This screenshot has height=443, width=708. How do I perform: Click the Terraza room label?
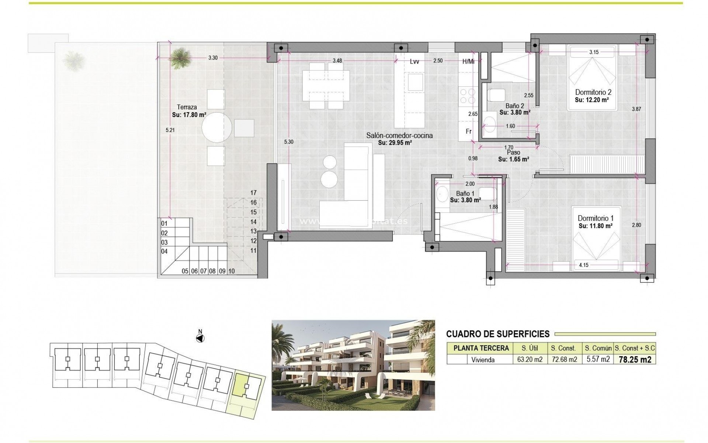pyautogui.click(x=187, y=107)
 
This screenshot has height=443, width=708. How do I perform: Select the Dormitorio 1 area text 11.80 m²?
pyautogui.click(x=596, y=226)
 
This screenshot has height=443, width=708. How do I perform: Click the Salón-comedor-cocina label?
pyautogui.click(x=399, y=135)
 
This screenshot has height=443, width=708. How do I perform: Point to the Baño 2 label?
pyautogui.click(x=515, y=106)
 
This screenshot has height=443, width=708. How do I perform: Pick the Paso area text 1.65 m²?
pyautogui.click(x=514, y=159)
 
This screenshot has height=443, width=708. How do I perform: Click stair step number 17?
pyautogui.click(x=253, y=193)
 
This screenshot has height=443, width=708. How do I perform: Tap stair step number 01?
pyautogui.click(x=164, y=223)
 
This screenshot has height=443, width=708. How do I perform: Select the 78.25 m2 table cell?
pyautogui.click(x=635, y=360)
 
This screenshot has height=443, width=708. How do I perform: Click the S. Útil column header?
pyautogui.click(x=530, y=348)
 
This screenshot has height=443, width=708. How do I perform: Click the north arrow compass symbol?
pyautogui.click(x=200, y=338)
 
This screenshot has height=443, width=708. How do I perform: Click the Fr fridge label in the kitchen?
pyautogui.click(x=469, y=131)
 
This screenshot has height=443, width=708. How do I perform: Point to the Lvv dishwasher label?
pyautogui.click(x=414, y=62)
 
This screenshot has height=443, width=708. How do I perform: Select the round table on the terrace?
pyautogui.click(x=217, y=127)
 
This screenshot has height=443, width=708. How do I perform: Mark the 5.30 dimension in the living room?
pyautogui.click(x=289, y=142)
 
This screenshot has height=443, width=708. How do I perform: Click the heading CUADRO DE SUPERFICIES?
pyautogui.click(x=498, y=334)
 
